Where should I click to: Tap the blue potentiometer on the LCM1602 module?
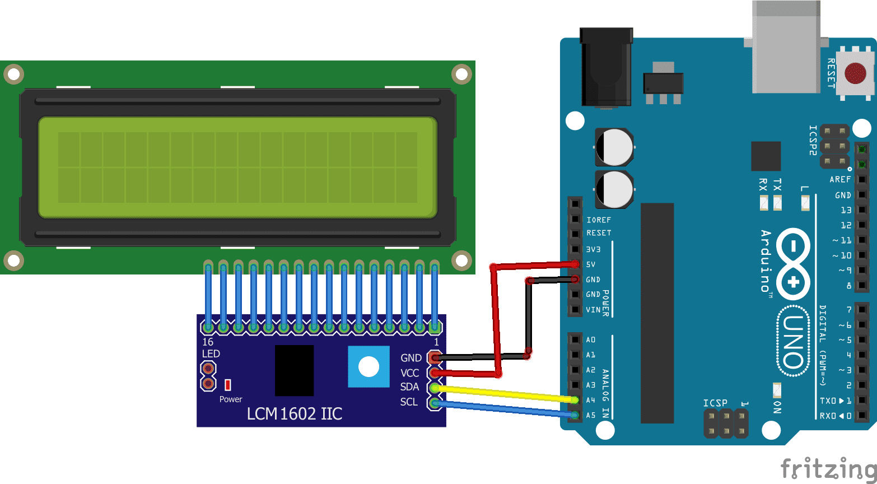pos(368,366)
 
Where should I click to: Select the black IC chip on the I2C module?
pos(294,370)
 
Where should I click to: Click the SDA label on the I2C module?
pos(409,387)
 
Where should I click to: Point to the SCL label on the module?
pos(409,402)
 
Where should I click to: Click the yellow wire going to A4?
pos(504,393)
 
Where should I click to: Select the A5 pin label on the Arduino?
pos(591,415)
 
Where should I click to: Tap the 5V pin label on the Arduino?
pos(591,264)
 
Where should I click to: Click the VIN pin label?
pos(593,309)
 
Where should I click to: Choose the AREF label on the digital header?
pos(840,180)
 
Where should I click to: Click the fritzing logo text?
pos(828,468)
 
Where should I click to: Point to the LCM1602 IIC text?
pos(295,414)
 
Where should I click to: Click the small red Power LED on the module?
pos(228,385)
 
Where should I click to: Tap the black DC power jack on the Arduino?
pos(606,67)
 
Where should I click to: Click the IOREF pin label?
pos(598,220)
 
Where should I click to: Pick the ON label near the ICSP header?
pos(777,407)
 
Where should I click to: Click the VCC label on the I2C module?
pos(410,373)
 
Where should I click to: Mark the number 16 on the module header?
pos(208,342)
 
